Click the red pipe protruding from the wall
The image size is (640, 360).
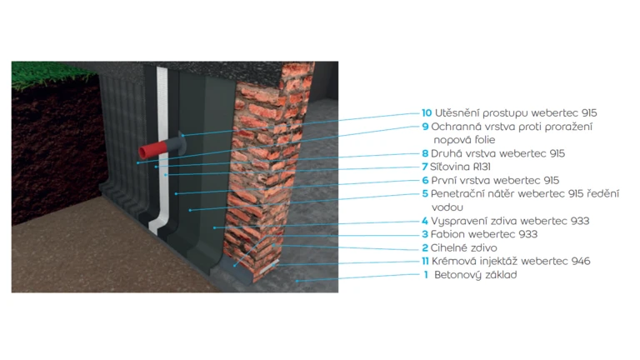pyautogui.click(x=152, y=149)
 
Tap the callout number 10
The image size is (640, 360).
pyautogui.click(x=427, y=112)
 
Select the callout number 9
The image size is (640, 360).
pyautogui.click(x=425, y=127)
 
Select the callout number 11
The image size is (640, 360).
pyautogui.click(x=426, y=261)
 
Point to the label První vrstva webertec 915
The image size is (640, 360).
pyautogui.click(x=495, y=180)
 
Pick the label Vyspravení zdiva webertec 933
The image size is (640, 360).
pyautogui.click(x=510, y=221)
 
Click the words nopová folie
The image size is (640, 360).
pyautogui.click(x=463, y=140)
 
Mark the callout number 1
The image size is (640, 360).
pyautogui.click(x=426, y=274)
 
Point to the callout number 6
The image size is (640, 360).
pyautogui.click(x=425, y=180)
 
